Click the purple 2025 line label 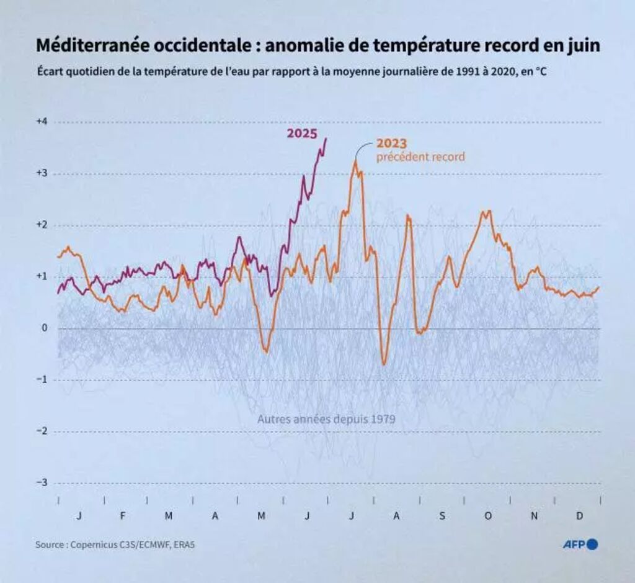point(302,133)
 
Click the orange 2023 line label point(391,144)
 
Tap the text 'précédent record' point(420,157)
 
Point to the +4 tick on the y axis point(42,122)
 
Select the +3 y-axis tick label point(42,173)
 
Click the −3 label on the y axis point(42,482)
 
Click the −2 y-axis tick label point(42,431)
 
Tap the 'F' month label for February point(123,516)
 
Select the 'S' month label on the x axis point(442,516)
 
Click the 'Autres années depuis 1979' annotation point(326,420)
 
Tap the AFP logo point(580,545)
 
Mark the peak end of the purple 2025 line point(326,138)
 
